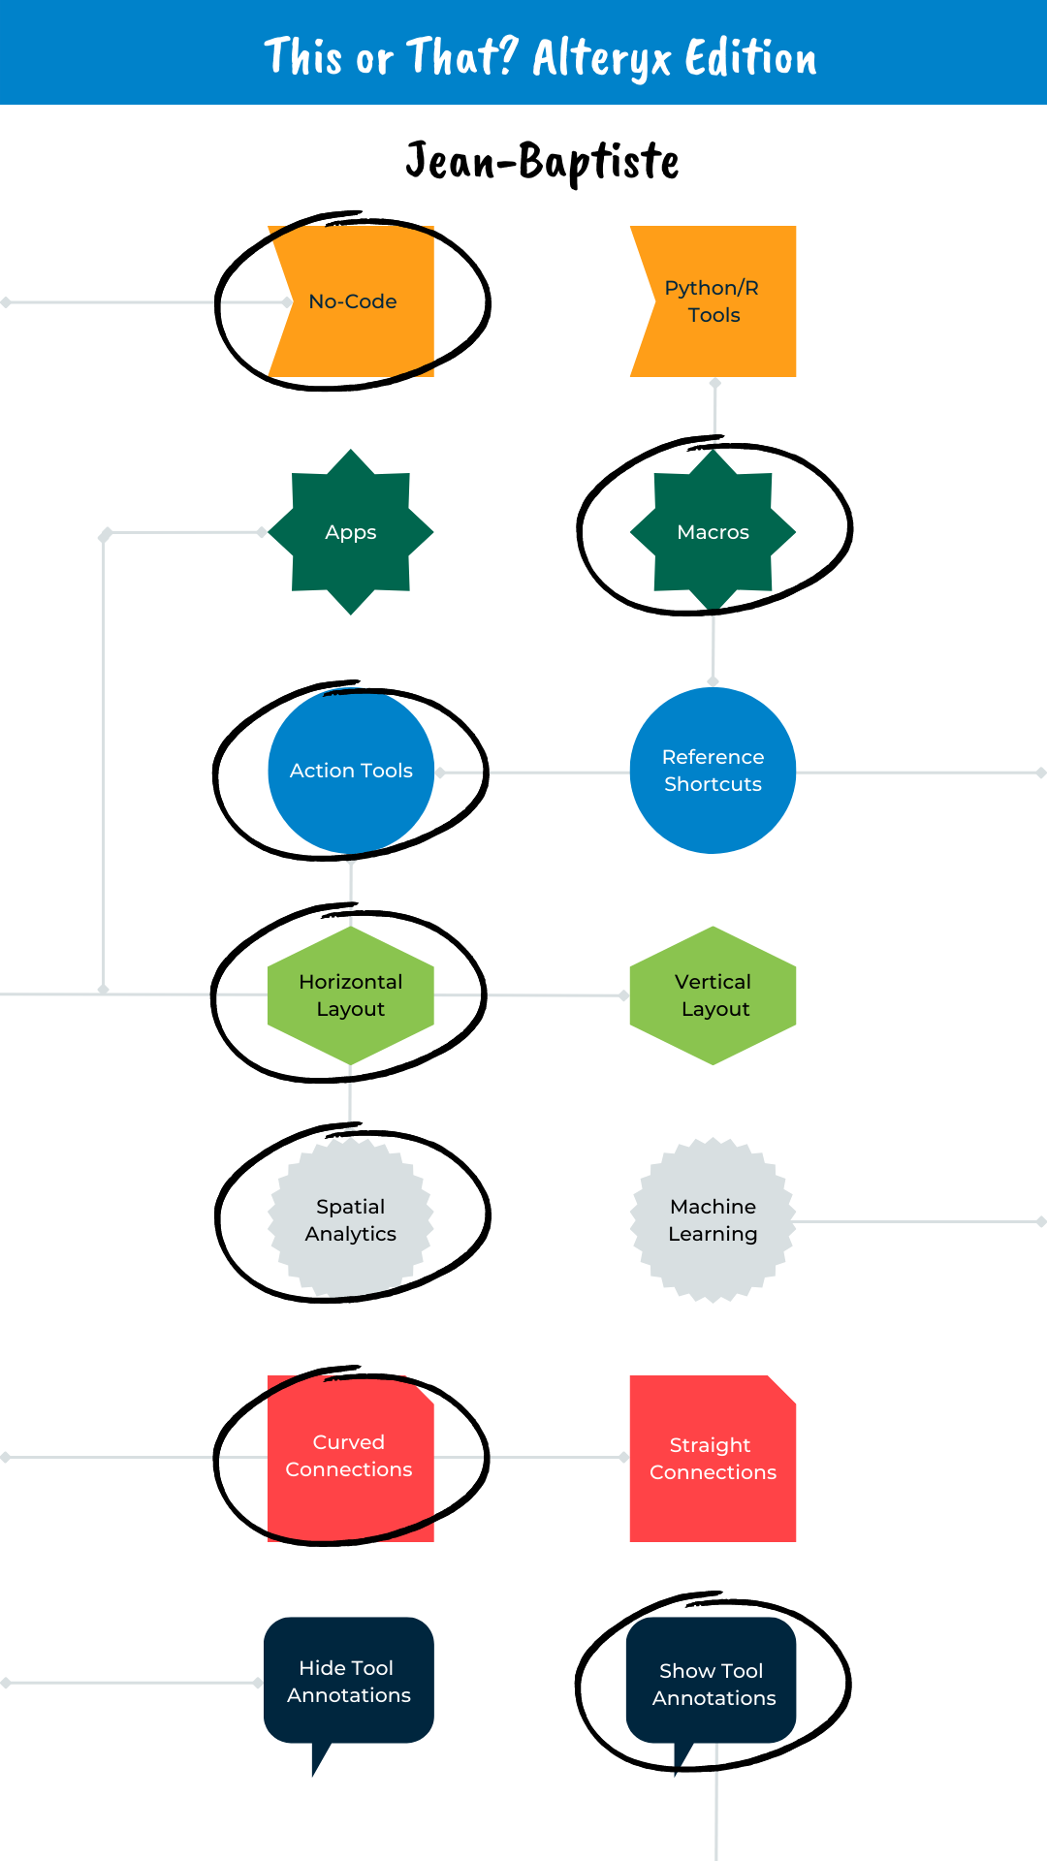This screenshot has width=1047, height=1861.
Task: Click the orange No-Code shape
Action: coord(352,301)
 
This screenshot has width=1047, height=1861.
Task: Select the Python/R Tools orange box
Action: coord(714,301)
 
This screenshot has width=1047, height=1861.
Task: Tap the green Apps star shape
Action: coord(351,532)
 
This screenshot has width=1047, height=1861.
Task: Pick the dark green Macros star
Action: coord(714,532)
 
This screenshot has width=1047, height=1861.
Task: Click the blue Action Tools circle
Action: coord(351,771)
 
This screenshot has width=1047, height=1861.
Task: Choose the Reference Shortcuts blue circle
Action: coord(714,771)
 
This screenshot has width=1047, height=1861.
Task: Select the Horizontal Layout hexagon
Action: coord(351,995)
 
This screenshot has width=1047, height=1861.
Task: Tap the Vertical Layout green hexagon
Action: coord(714,995)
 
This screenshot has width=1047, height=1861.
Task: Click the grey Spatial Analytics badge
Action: coord(351,1219)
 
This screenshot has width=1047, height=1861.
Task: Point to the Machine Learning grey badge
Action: coord(714,1219)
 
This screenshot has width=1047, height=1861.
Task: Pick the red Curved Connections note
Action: coord(349,1457)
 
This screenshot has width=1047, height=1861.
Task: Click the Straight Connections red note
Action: coord(714,1459)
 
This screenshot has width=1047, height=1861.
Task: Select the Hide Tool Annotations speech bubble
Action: coord(349,1682)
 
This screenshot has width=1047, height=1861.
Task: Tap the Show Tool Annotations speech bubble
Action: coord(714,1684)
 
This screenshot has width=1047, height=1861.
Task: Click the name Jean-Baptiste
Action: coord(542,161)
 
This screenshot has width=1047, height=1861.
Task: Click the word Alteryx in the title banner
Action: coord(602,58)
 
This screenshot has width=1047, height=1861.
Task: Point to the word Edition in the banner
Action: coord(751,58)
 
